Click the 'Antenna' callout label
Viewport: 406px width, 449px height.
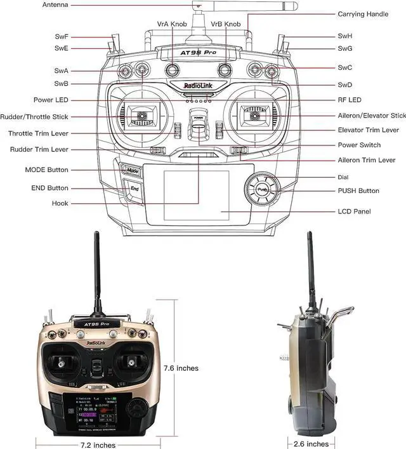click(55, 5)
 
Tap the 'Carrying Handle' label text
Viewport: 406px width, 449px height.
click(363, 14)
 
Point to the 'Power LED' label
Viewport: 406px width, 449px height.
click(52, 100)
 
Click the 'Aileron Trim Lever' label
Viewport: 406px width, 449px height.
click(367, 161)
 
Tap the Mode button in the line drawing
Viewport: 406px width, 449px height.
click(131, 170)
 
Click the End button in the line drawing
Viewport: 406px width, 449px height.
click(134, 189)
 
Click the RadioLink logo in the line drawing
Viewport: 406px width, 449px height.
click(198, 85)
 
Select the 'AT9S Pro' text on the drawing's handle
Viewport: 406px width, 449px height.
click(198, 55)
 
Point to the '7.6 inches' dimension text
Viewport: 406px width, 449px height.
click(181, 368)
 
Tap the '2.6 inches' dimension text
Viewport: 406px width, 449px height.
click(311, 444)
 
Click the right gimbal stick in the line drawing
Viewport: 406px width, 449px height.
click(256, 115)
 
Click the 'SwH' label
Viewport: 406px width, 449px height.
click(345, 37)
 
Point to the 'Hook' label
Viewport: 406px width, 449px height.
click(61, 204)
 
